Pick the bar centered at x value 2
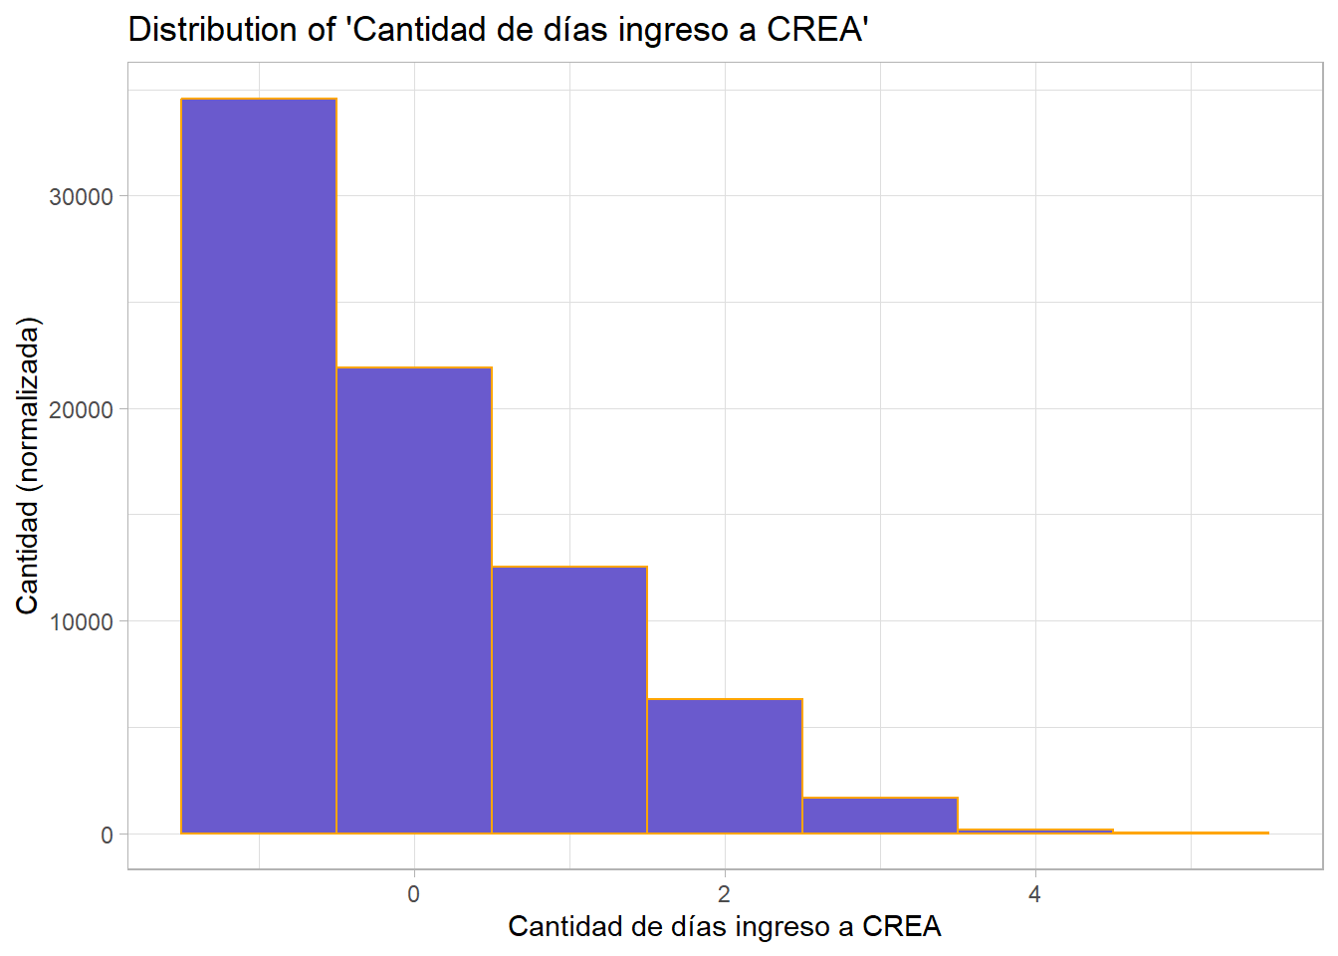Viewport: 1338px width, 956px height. click(x=725, y=767)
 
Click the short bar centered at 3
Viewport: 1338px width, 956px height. click(x=880, y=816)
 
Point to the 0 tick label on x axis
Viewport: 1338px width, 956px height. click(x=414, y=894)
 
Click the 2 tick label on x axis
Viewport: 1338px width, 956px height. click(x=725, y=894)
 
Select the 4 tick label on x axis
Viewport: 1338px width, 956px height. click(x=1035, y=894)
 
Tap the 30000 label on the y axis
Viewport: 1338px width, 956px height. click(x=81, y=197)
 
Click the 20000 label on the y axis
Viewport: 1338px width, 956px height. click(x=81, y=409)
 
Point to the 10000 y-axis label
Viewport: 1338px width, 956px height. click(x=81, y=622)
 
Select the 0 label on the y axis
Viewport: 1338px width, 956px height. click(x=107, y=836)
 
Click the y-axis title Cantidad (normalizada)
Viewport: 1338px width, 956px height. click(x=28, y=466)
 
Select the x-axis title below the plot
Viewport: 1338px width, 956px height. click(x=725, y=927)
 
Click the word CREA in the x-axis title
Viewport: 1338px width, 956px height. click(x=902, y=927)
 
